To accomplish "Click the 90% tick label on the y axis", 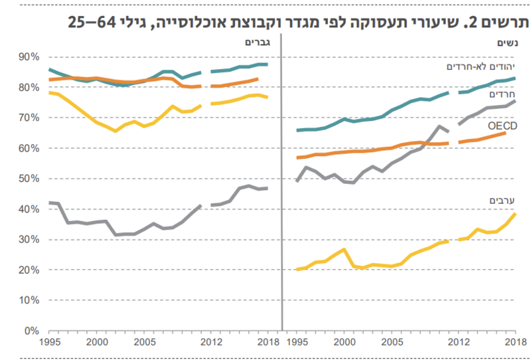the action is tap(29, 57).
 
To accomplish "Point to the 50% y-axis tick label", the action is tap(29, 179).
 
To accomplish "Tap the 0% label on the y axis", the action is tap(31, 331).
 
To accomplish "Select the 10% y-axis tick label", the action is tap(29, 300).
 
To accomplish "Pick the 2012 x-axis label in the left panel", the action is tap(212, 341).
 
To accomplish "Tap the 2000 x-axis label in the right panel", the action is tap(344, 341).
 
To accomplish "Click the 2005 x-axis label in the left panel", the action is tap(144, 341).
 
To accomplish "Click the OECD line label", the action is tap(502, 126).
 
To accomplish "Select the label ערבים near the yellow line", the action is tap(502, 201).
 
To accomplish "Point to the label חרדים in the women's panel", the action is tap(502, 94).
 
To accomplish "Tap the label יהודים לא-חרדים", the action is tap(481, 66).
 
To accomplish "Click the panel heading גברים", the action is tap(258, 43).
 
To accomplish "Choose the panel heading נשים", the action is tap(507, 43).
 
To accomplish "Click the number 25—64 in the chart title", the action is tap(92, 23).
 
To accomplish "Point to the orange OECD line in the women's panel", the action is tap(402, 147).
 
